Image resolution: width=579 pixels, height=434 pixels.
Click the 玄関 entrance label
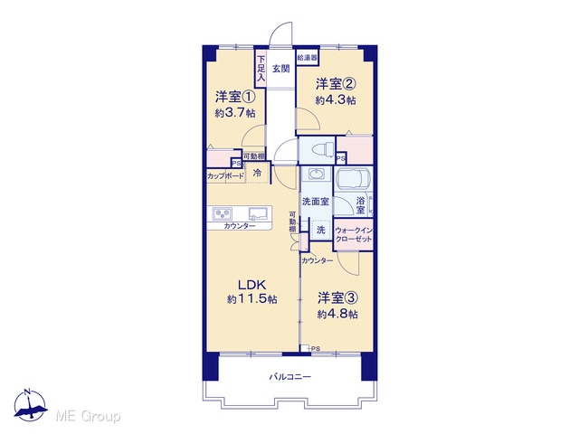(x=281, y=69)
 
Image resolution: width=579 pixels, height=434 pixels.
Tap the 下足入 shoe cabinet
(x=261, y=69)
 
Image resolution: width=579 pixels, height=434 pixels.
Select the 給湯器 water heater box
(x=308, y=58)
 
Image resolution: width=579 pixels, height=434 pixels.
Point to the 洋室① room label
(x=235, y=97)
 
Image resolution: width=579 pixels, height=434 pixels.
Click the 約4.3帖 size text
(x=336, y=100)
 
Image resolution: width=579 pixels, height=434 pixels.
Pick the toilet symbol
(x=323, y=150)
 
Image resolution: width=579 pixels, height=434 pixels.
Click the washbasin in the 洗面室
(x=315, y=174)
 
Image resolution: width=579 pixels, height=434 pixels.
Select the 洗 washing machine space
(x=321, y=230)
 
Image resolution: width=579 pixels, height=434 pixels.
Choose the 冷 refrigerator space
(x=257, y=173)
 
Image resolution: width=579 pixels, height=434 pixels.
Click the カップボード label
(x=225, y=176)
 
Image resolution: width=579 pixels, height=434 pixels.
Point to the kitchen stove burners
(x=223, y=214)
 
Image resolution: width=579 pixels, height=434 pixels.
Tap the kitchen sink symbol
(x=258, y=213)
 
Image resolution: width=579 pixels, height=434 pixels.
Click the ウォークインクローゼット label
(x=354, y=235)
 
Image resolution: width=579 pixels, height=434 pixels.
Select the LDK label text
(x=252, y=285)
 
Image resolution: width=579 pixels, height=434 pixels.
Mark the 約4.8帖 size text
(x=337, y=315)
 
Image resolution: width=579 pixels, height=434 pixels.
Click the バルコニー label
(x=289, y=377)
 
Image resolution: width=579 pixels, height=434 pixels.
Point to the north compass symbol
(x=30, y=406)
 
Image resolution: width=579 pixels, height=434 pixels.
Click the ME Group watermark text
(x=88, y=416)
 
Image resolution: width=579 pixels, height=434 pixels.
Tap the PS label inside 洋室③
(x=316, y=348)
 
